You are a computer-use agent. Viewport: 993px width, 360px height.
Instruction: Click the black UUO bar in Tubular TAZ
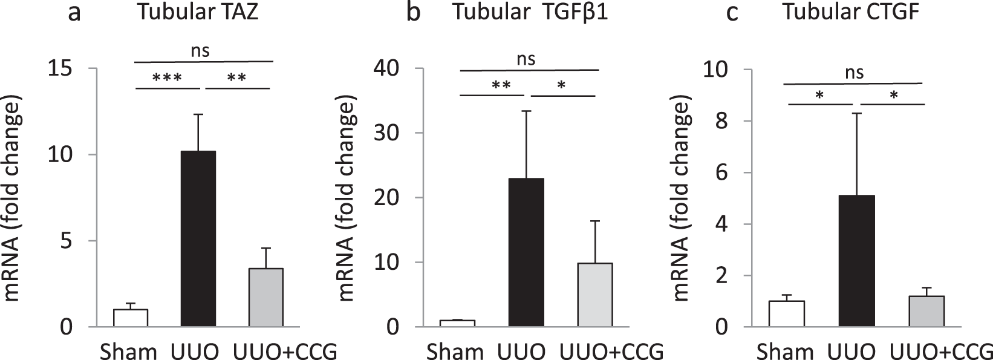click(x=198, y=239)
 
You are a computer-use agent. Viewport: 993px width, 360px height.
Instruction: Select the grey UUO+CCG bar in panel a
click(x=266, y=298)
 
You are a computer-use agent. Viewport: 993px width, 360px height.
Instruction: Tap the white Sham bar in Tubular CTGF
click(x=787, y=314)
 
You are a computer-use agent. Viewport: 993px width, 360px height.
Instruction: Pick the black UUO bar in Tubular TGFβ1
click(x=527, y=252)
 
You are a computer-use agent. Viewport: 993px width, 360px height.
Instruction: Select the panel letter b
click(x=413, y=13)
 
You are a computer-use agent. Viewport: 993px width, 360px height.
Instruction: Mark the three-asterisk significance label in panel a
click(x=168, y=79)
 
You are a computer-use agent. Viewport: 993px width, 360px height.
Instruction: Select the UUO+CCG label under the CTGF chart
click(x=942, y=350)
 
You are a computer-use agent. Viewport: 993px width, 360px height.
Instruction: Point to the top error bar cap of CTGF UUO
click(x=856, y=113)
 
